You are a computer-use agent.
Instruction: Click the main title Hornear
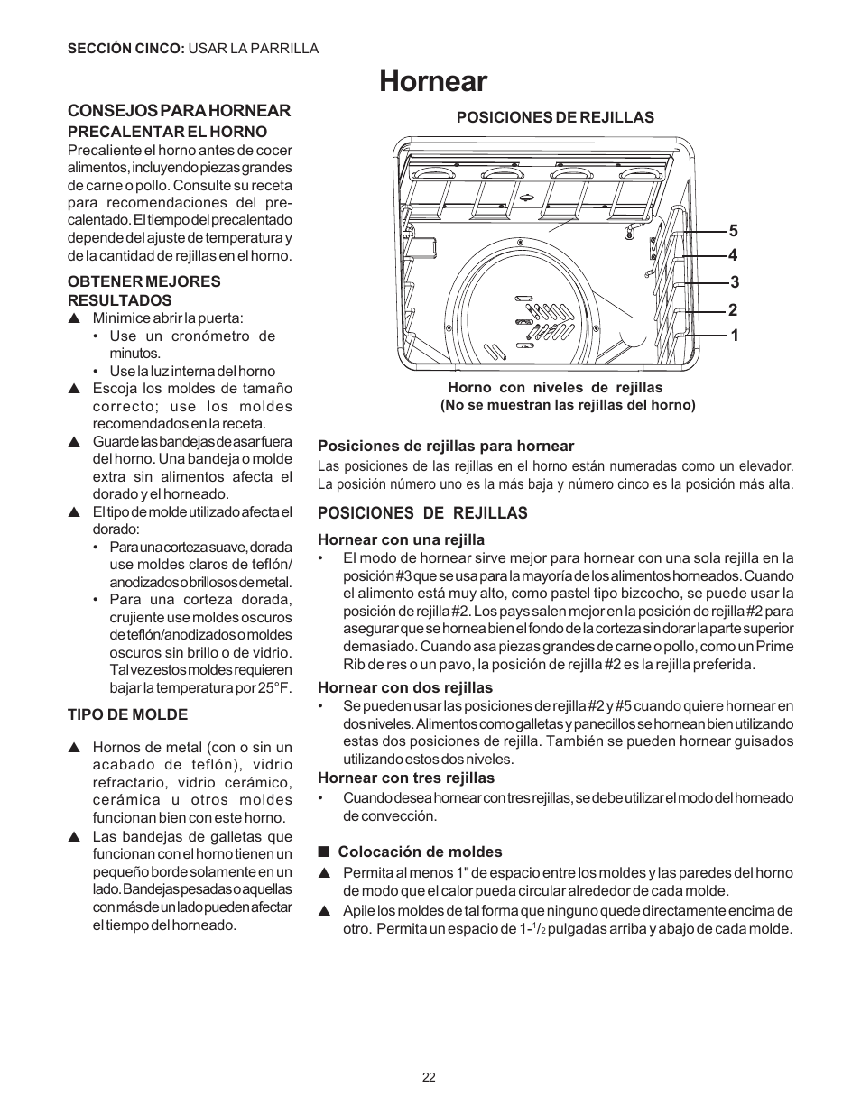[433, 81]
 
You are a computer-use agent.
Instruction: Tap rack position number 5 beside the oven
[734, 231]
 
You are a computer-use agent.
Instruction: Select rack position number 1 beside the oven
[734, 336]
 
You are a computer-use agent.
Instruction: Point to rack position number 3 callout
[734, 282]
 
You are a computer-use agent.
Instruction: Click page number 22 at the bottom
[429, 1077]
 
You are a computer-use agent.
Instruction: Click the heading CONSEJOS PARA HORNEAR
[180, 111]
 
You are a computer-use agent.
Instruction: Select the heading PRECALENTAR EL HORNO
[168, 132]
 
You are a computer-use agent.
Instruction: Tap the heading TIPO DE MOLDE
[127, 715]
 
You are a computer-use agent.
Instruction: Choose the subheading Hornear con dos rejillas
[405, 688]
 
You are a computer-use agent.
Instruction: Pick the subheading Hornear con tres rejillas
[406, 778]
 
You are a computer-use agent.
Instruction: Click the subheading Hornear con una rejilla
[401, 540]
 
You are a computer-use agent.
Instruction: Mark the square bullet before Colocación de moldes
[322, 852]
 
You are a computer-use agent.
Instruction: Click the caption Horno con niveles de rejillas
[555, 388]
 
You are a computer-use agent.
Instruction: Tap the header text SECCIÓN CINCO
[125, 49]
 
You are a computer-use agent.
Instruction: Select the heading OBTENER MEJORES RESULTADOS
[144, 290]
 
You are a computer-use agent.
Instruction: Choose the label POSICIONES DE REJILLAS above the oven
[554, 117]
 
